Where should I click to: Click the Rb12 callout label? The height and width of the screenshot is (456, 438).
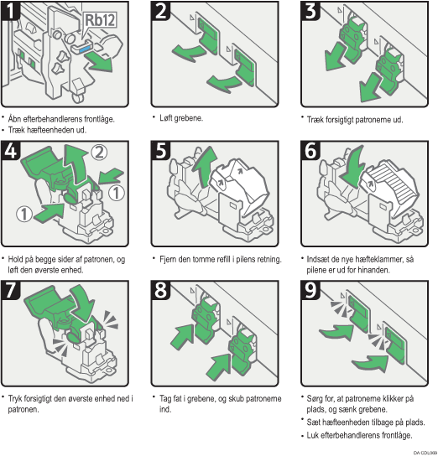(100, 20)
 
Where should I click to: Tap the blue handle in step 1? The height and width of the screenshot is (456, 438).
(85, 49)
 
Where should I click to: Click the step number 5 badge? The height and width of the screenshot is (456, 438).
(161, 151)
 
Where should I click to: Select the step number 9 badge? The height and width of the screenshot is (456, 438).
(310, 291)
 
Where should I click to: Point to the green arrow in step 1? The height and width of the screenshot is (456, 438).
(100, 61)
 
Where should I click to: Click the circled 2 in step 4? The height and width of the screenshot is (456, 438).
(99, 152)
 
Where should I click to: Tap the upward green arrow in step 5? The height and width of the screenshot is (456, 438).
(206, 166)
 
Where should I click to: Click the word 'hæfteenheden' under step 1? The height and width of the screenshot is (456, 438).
(50, 130)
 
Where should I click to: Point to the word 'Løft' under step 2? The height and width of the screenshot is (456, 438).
(167, 118)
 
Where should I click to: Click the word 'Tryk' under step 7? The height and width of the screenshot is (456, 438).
(15, 398)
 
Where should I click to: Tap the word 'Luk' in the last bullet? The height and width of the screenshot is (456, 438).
(313, 435)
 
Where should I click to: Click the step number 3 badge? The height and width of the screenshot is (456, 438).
(310, 11)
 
